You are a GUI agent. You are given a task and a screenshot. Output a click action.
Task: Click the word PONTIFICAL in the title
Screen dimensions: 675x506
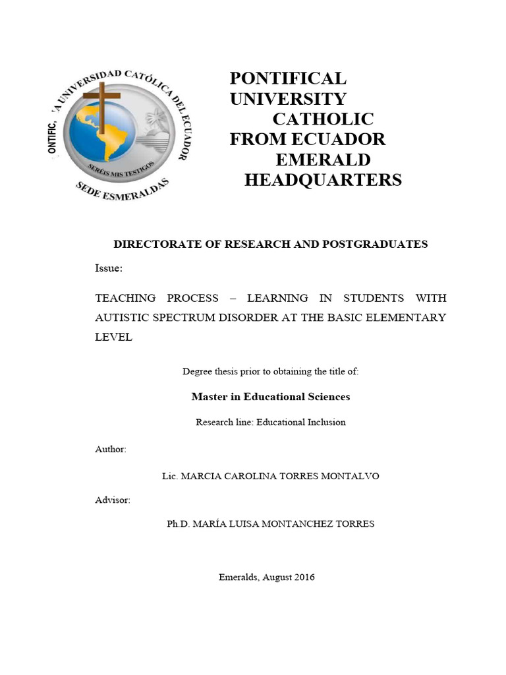pos(287,78)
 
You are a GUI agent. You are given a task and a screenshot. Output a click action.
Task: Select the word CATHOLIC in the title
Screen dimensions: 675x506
pos(323,119)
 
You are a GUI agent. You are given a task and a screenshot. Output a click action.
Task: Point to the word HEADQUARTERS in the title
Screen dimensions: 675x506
pos(323,180)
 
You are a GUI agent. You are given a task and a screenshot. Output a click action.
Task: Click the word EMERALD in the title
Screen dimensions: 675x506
pos(323,160)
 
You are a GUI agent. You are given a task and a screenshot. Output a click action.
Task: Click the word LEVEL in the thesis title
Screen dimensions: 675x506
pos(114,337)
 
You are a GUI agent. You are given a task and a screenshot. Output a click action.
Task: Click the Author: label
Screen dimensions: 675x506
pos(111,449)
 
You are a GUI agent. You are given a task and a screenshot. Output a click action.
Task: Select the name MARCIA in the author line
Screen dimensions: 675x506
pos(200,476)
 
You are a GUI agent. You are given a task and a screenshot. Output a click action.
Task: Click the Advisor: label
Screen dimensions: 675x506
pos(113,500)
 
